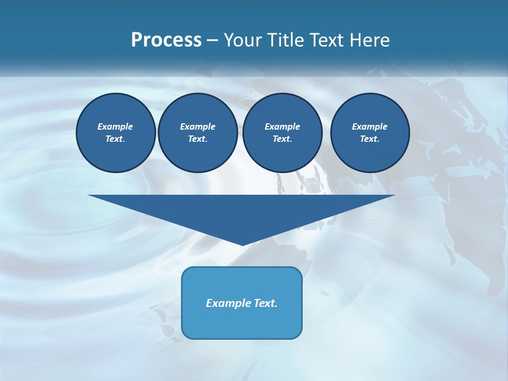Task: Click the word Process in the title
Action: (x=166, y=40)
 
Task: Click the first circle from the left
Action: (x=115, y=133)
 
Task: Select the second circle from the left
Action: (x=197, y=133)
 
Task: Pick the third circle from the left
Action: (x=282, y=133)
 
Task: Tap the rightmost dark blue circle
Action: (x=369, y=133)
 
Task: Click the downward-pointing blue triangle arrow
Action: (x=242, y=212)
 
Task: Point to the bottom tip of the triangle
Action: (x=242, y=244)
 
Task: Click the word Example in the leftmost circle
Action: (x=115, y=126)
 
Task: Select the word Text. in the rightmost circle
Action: (x=369, y=139)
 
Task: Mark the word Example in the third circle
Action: (x=282, y=126)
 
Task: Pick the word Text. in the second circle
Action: (x=197, y=139)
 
